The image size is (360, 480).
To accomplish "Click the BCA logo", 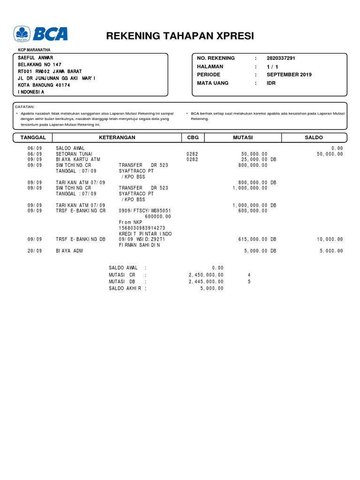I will (x=41, y=34).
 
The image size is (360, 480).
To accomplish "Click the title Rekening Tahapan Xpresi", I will (x=180, y=37).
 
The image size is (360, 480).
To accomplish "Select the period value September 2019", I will (x=289, y=75).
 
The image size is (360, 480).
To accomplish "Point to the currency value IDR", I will (x=272, y=83).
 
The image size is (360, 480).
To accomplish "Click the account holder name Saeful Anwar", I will (x=36, y=58).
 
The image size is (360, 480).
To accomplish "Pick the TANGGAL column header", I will (x=33, y=137).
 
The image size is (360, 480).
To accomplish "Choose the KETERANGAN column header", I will (x=117, y=137).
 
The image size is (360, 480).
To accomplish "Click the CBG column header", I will (x=193, y=137).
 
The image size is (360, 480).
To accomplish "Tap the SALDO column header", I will (x=314, y=137).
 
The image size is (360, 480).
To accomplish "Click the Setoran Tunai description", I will (x=74, y=154).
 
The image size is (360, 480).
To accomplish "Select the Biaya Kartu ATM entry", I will (x=78, y=159).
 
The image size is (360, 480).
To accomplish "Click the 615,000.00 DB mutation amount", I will (x=257, y=239).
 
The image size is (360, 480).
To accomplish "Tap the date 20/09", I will (x=35, y=251).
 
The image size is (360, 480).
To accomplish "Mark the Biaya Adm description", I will (x=69, y=251).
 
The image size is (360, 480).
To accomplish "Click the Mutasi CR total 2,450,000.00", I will (x=206, y=275).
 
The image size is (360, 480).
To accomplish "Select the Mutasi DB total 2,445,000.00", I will (x=206, y=282).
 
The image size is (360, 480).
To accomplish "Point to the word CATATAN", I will (x=25, y=107).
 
